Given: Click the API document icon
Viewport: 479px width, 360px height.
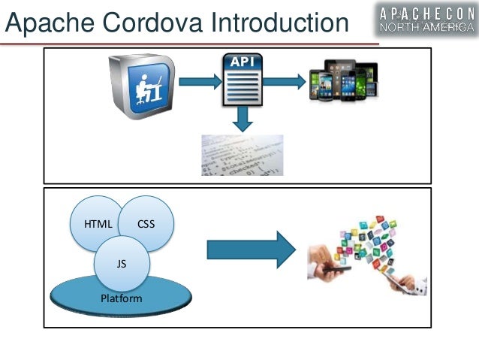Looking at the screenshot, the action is [242, 80].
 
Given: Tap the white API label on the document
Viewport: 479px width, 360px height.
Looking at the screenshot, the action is [242, 63].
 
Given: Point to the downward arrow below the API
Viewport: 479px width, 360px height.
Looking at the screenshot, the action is [242, 118].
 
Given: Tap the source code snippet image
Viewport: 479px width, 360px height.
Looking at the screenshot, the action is [242, 155].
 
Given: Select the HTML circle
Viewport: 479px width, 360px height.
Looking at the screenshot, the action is [98, 223].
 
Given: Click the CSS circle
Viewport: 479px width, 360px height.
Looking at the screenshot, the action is [146, 223].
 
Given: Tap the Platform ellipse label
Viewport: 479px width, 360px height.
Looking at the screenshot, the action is [121, 298].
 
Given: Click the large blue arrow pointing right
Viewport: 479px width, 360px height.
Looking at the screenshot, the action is [251, 250].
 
